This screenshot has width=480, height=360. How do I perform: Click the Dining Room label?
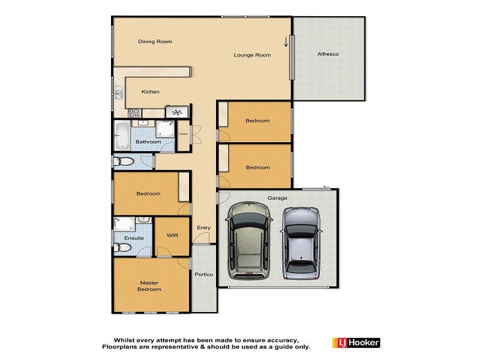point(155,41)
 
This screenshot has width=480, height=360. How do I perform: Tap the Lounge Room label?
point(252,55)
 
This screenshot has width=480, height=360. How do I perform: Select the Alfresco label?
point(328,55)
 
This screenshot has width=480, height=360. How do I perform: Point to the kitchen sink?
point(119,93)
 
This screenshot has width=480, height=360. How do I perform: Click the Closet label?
point(183,134)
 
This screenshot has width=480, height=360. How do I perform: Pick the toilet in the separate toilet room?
point(125,161)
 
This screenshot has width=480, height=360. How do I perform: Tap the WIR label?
point(173,236)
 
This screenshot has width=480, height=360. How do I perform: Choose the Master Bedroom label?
point(151,286)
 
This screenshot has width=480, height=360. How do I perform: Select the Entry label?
point(204,228)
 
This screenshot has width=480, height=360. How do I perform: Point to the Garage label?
point(277,198)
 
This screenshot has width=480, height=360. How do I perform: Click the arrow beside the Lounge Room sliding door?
point(286,41)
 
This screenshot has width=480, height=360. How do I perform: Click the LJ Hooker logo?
point(355,343)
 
